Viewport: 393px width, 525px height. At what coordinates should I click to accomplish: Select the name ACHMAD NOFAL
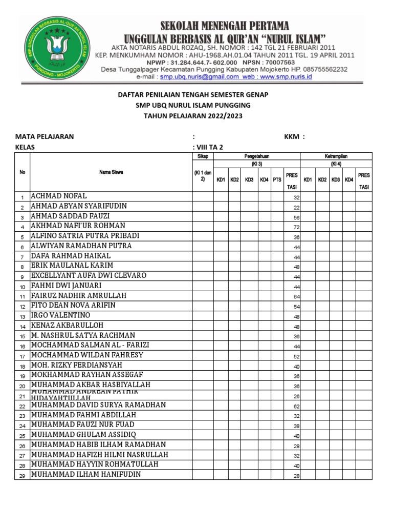59,196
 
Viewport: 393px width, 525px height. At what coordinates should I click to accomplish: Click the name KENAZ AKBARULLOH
67,325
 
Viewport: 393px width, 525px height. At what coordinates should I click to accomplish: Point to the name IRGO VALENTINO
60,315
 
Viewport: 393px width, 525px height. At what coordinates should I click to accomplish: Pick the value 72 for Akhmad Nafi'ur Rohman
296,227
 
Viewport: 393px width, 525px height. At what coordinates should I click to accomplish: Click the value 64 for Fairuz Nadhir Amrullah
296,297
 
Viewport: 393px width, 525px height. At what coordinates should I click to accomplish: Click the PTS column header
277,179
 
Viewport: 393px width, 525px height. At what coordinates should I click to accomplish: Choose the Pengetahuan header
256,156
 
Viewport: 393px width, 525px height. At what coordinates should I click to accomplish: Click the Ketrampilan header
336,156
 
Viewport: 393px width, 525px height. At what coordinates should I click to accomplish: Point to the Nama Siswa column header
111,172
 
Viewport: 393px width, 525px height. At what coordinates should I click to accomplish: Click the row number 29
22,476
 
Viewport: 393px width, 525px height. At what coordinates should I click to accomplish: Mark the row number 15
22,336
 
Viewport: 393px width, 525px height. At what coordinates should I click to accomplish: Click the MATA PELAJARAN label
45,137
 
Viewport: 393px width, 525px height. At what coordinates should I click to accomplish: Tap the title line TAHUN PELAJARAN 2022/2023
193,116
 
